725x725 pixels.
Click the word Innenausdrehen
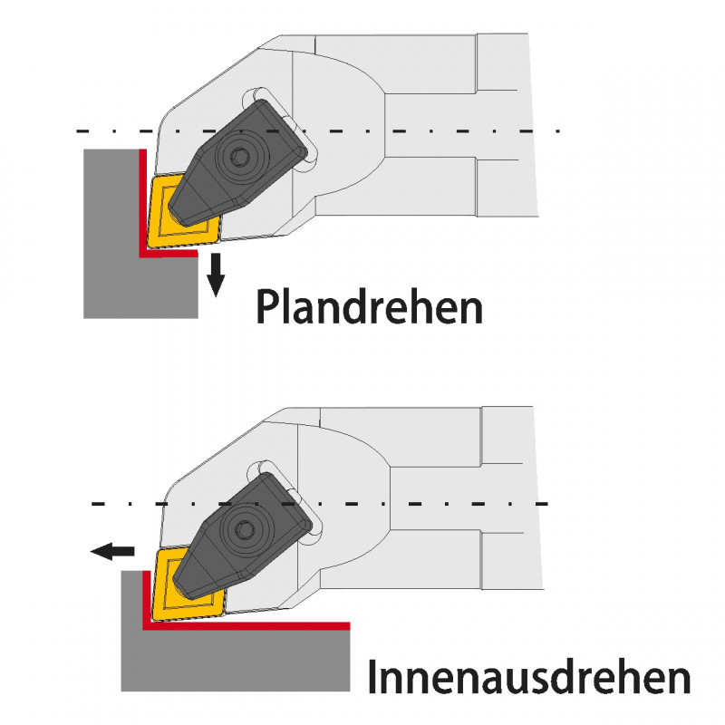[x=529, y=676]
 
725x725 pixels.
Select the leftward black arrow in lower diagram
[x=111, y=550]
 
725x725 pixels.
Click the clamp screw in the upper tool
[x=239, y=158]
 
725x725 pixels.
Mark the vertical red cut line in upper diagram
[x=141, y=199]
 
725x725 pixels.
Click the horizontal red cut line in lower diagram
[x=254, y=625]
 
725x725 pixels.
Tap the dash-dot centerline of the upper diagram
[x=408, y=130]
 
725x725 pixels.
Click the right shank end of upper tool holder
[x=507, y=127]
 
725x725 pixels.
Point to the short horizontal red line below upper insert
[x=172, y=256]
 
